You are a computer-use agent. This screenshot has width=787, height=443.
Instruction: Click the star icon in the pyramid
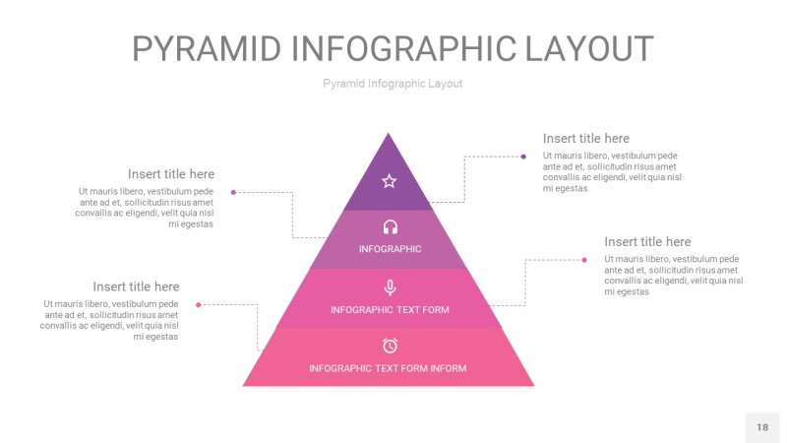(389, 181)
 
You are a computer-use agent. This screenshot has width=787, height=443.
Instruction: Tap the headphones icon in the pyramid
(390, 227)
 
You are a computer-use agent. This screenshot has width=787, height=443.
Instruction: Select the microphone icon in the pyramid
(390, 287)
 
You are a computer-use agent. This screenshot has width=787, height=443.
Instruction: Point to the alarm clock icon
(390, 345)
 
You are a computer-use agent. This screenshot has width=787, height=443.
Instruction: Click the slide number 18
(762, 427)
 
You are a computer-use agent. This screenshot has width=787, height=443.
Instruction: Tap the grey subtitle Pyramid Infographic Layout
(393, 84)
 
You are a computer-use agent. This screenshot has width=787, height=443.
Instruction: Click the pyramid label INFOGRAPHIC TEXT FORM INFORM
(388, 368)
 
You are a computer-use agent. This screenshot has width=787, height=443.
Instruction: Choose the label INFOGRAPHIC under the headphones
(390, 249)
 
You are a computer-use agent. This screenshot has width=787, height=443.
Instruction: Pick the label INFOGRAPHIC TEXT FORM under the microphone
(390, 310)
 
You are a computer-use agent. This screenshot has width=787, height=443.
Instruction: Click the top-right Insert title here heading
(585, 139)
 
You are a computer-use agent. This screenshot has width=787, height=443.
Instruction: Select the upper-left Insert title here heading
(170, 174)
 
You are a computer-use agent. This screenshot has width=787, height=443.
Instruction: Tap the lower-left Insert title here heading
(136, 287)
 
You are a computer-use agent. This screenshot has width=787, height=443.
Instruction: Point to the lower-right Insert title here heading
(647, 242)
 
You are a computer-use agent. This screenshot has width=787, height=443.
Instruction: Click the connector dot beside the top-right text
(523, 156)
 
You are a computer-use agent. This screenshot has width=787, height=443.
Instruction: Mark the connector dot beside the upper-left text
(233, 192)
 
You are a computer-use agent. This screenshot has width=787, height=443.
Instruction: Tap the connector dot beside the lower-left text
(199, 304)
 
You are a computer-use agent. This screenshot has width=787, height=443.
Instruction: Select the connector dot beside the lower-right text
(584, 260)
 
